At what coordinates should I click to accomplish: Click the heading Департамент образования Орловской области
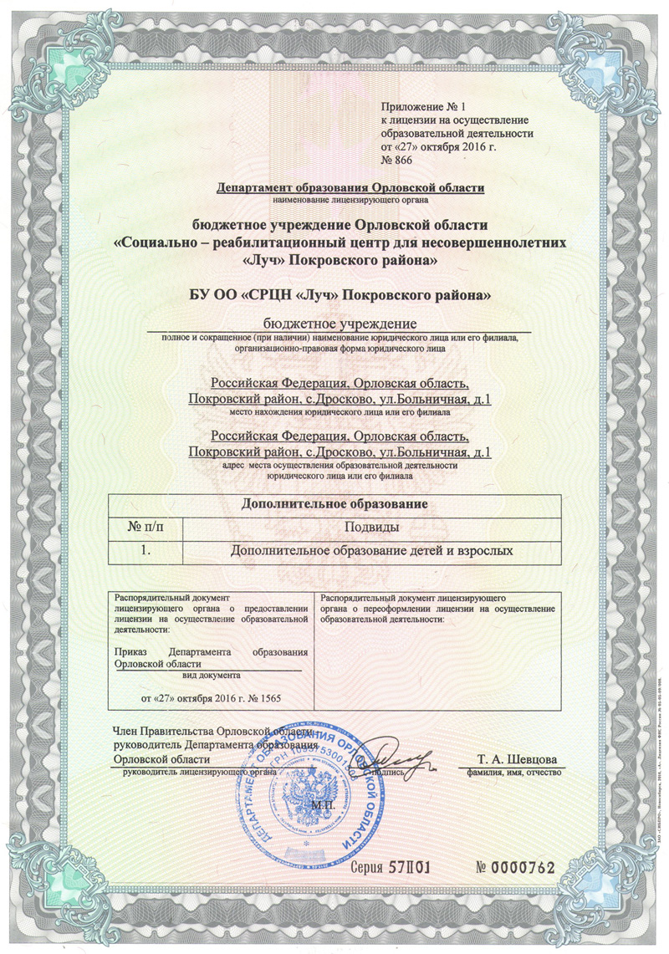(x=350, y=188)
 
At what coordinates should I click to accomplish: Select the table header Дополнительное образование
(x=334, y=504)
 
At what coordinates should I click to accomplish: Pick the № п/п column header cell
(x=146, y=527)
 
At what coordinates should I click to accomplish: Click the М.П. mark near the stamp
(x=323, y=805)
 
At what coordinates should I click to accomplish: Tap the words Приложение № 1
(x=416, y=108)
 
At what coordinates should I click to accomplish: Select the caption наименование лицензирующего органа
(x=350, y=201)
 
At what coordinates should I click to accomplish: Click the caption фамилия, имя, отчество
(x=514, y=772)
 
